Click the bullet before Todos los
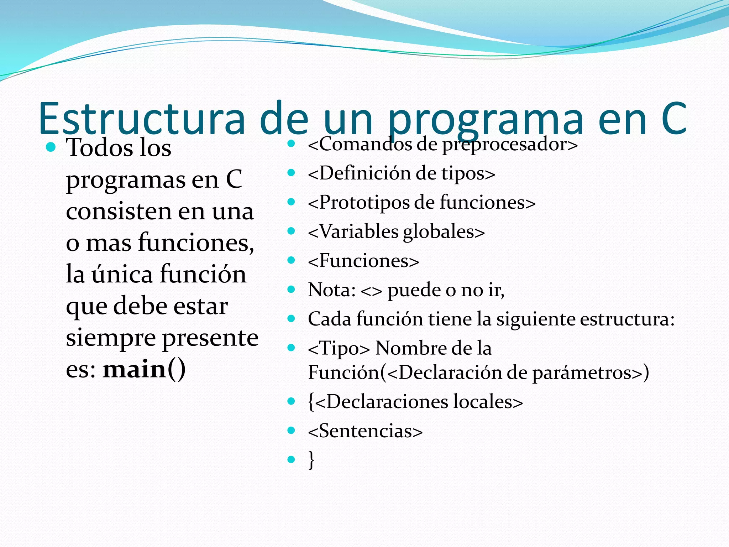[51, 147]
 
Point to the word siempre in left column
[111, 338]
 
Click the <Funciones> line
[363, 261]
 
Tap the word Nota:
[331, 290]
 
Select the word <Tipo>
[339, 348]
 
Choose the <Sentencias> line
[365, 431]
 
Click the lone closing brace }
[311, 460]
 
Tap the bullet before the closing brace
[291, 459]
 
